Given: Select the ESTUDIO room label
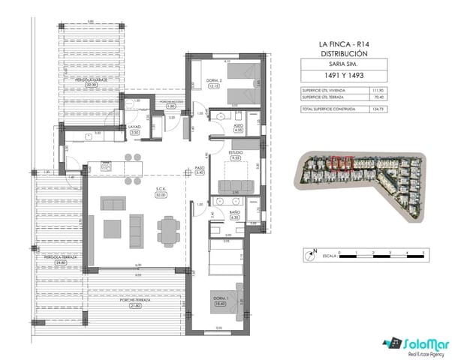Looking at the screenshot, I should pyautogui.click(x=235, y=154).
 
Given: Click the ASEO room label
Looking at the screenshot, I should pyautogui.click(x=238, y=127).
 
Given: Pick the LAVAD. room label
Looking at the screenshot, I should pyautogui.click(x=135, y=127).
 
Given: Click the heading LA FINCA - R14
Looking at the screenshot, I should pyautogui.click(x=344, y=46).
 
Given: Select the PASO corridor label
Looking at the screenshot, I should pyautogui.click(x=200, y=171).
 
